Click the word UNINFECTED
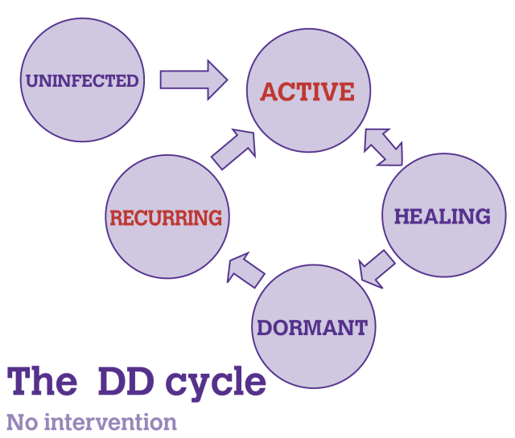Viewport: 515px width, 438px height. [x=82, y=80]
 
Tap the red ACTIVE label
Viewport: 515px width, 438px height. [x=307, y=92]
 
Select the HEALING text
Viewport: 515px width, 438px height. [x=442, y=216]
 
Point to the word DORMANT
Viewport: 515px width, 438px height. [x=312, y=327]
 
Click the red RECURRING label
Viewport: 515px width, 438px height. [x=166, y=218]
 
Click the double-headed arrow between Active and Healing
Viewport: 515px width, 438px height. [x=383, y=147]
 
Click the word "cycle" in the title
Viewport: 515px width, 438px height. [x=216, y=382]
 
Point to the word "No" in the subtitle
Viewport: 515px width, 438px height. [x=21, y=422]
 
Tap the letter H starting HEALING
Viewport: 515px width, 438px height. [x=401, y=216]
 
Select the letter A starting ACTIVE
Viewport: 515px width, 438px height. [x=269, y=92]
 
